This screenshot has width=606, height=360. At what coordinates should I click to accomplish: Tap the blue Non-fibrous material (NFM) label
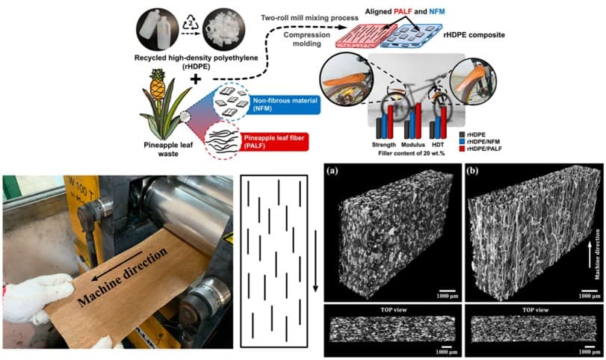(x=285, y=105)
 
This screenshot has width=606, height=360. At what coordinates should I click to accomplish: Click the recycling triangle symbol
(x=190, y=23)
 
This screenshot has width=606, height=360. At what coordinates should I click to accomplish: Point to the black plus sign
(x=196, y=79)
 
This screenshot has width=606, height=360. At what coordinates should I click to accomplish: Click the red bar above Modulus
(x=418, y=121)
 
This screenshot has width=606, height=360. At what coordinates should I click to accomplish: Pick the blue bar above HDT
(x=437, y=128)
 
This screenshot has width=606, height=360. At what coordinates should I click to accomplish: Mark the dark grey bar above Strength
(x=379, y=128)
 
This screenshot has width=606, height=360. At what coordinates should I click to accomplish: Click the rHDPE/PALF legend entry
(x=480, y=149)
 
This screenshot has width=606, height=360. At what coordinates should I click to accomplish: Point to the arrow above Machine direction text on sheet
(x=117, y=266)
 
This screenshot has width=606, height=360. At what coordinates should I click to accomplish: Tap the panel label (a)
(x=333, y=170)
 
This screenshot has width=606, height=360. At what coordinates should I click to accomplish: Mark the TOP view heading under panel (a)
(x=394, y=310)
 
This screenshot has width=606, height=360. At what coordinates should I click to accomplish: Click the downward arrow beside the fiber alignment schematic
(x=316, y=261)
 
